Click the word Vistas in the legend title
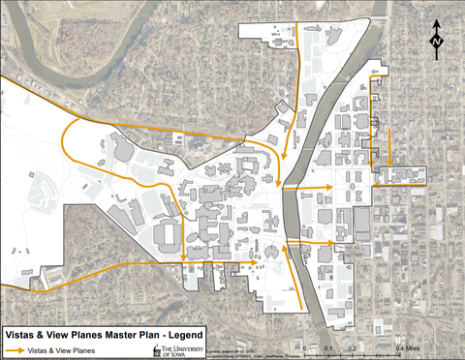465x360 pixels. pos(23,329)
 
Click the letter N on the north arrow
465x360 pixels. pos(437,43)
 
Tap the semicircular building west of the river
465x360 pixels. pos(269,253)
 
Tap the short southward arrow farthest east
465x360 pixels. pos(389,162)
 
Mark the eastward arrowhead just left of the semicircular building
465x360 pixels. pos(254,261)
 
